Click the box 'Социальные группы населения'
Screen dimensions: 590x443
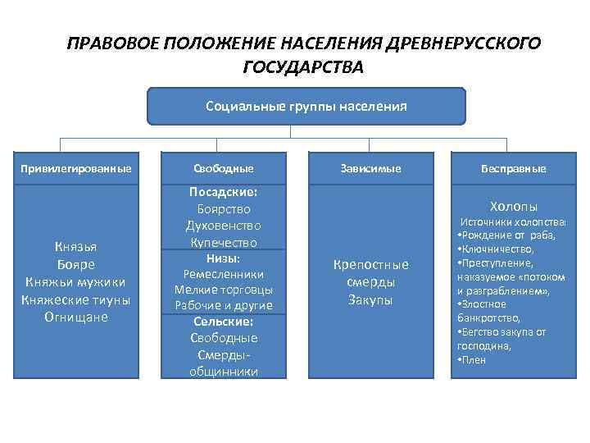[306, 106]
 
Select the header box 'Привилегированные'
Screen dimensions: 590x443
[75, 168]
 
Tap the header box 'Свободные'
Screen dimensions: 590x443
[224, 168]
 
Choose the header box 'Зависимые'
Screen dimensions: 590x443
[370, 168]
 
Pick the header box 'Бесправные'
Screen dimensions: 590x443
[514, 168]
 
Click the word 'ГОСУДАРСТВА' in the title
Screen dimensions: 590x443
[302, 66]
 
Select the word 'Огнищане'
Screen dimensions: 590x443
[75, 317]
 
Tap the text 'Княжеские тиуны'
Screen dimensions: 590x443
[75, 299]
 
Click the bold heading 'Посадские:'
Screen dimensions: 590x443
[224, 191]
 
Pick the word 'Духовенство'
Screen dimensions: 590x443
[224, 226]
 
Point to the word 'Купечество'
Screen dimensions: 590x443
[224, 243]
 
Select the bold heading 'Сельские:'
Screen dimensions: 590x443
[224, 322]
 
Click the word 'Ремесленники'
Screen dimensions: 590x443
[224, 274]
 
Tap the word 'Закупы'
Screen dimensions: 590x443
[370, 300]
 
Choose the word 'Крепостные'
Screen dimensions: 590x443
[370, 264]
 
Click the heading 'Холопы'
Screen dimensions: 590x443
[514, 206]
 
